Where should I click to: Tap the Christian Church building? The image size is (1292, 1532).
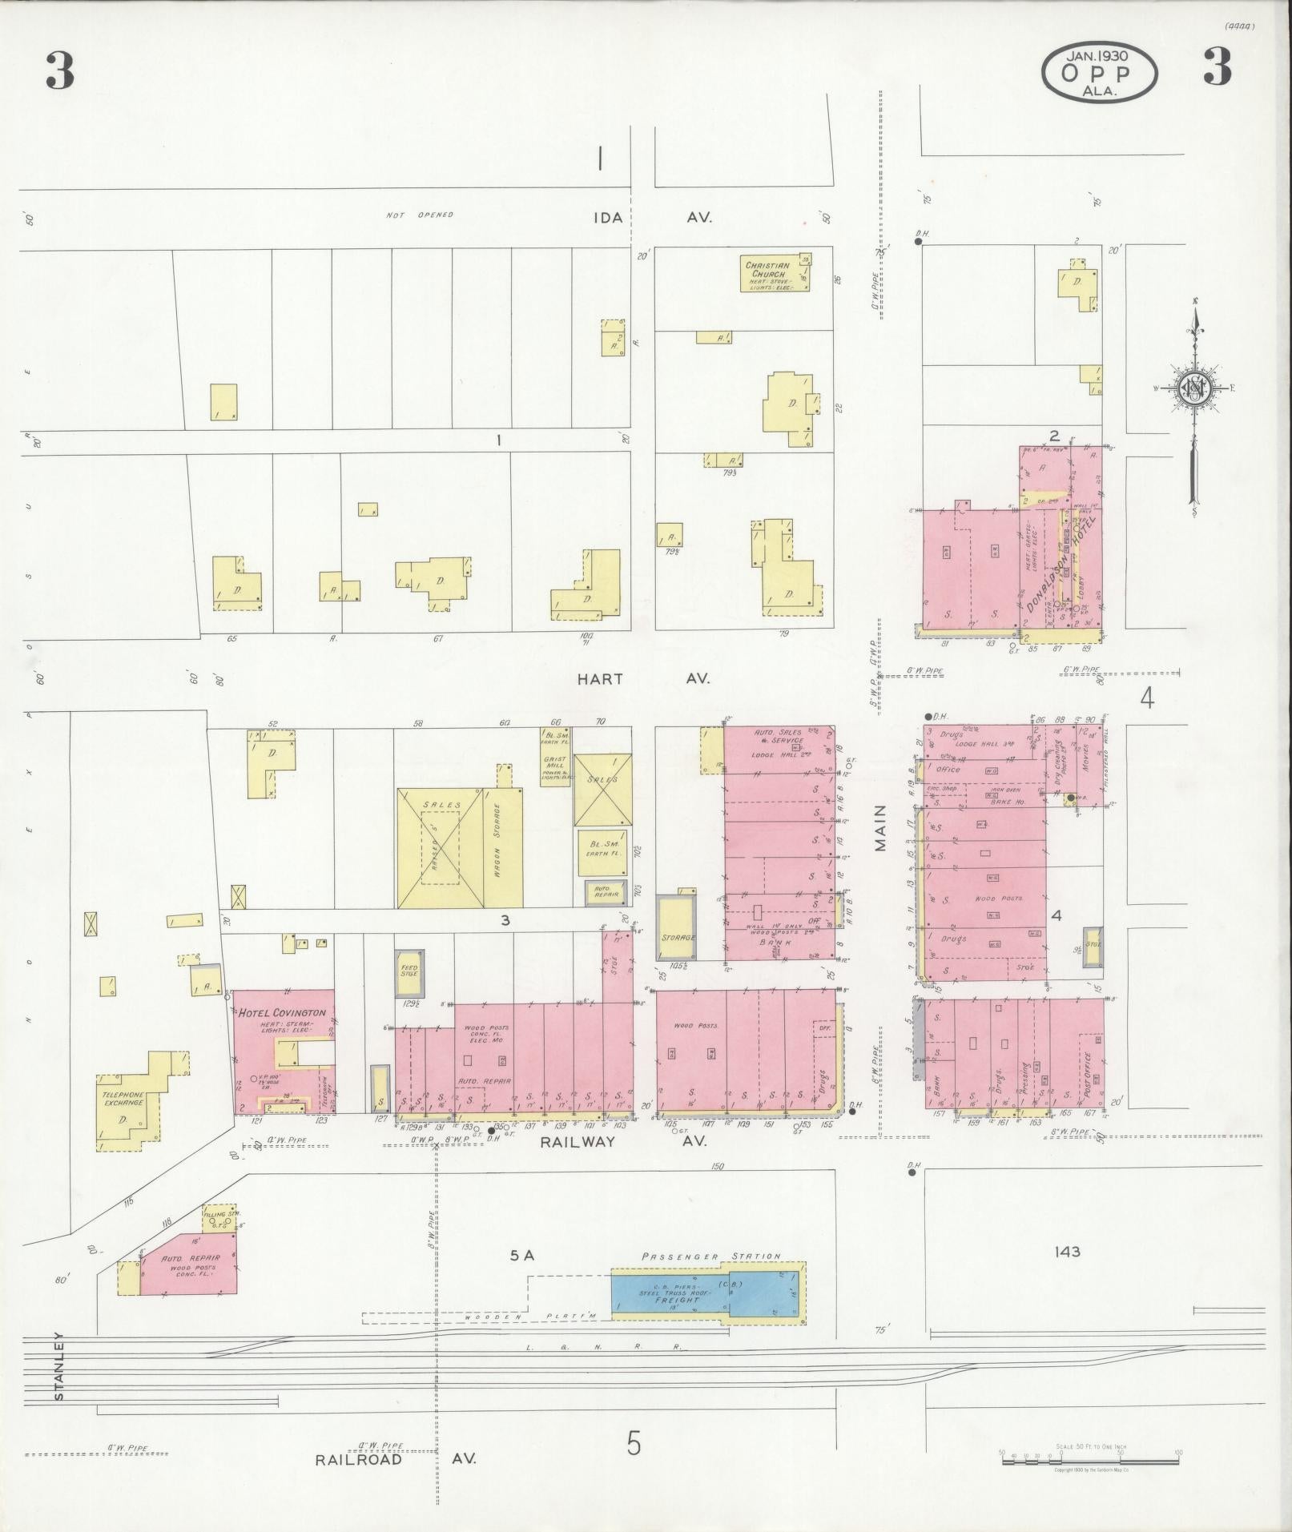pyautogui.click(x=775, y=275)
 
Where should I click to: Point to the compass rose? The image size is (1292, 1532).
pyautogui.click(x=1194, y=390)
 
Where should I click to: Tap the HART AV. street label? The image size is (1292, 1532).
pyautogui.click(x=643, y=678)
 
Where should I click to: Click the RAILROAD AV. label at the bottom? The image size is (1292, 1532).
pyautogui.click(x=395, y=1459)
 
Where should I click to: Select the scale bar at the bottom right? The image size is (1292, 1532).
pyautogui.click(x=1089, y=1461)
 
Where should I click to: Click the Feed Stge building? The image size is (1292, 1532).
pyautogui.click(x=409, y=971)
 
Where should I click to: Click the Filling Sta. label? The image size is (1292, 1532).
pyautogui.click(x=222, y=1215)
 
